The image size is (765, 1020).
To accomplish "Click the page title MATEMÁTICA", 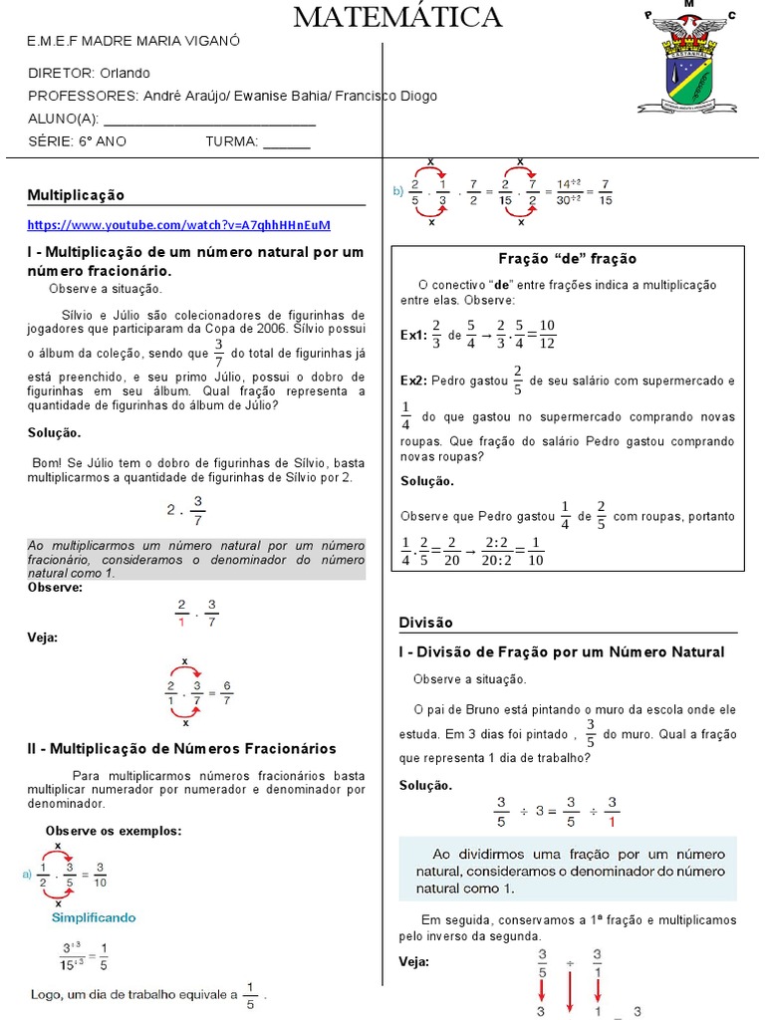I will point(397,17).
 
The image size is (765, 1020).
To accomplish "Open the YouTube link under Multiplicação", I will point(178,224).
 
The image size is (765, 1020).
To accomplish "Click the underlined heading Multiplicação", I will point(76,195).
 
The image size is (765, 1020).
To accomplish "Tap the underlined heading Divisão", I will point(425,623).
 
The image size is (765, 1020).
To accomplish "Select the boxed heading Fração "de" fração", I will point(567,259).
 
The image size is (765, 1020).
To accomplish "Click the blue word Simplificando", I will point(94,917).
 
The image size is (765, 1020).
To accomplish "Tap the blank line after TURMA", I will point(287,142).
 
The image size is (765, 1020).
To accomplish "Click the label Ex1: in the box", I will point(413,337).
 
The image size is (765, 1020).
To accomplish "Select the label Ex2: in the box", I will point(413,381).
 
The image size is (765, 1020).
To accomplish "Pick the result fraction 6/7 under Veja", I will point(227,692).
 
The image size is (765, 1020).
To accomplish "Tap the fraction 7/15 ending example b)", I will point(607,192).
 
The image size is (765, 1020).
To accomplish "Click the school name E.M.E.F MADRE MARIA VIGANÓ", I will point(133,41).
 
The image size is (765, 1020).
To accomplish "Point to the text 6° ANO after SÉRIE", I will point(104,141).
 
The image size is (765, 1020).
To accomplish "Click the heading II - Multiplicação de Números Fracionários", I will point(181,748).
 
